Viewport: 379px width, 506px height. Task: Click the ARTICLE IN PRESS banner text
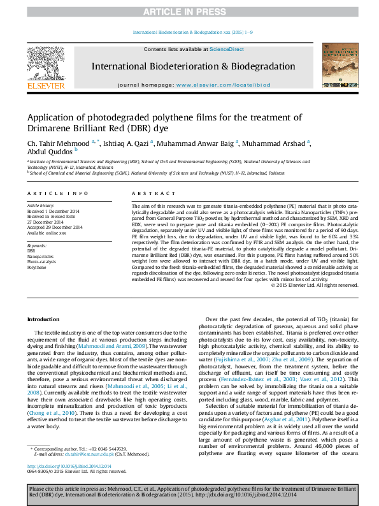pyautogui.click(x=189, y=12)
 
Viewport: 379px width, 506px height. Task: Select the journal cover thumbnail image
pyautogui.click(x=335, y=66)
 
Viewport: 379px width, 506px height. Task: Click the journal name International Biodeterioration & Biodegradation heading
pyautogui.click(x=193, y=66)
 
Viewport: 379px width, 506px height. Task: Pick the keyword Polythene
pyautogui.click(x=36, y=267)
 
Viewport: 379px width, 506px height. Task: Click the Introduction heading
pyautogui.click(x=43, y=319)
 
